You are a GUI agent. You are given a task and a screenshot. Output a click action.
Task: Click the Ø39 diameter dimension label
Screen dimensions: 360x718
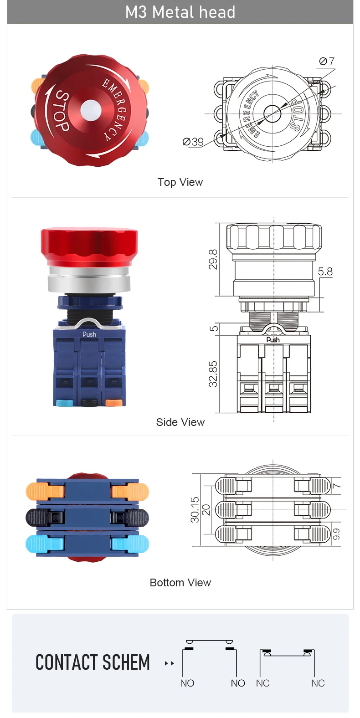click(193, 141)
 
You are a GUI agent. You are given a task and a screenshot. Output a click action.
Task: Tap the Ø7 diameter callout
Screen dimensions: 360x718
click(327, 61)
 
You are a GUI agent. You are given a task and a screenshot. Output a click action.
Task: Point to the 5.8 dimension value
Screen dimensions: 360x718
click(325, 272)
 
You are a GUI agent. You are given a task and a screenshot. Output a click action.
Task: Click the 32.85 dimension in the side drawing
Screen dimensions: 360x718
click(213, 374)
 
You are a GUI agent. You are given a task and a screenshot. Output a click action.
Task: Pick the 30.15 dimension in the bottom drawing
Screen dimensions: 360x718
click(195, 510)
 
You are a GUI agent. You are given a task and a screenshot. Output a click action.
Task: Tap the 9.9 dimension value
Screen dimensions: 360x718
click(336, 533)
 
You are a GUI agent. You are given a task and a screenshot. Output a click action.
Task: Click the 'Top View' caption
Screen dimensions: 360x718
click(180, 182)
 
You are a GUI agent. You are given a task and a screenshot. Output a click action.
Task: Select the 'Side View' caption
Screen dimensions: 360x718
click(180, 422)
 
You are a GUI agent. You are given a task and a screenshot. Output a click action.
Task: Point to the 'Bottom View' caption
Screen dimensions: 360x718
click(180, 582)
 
